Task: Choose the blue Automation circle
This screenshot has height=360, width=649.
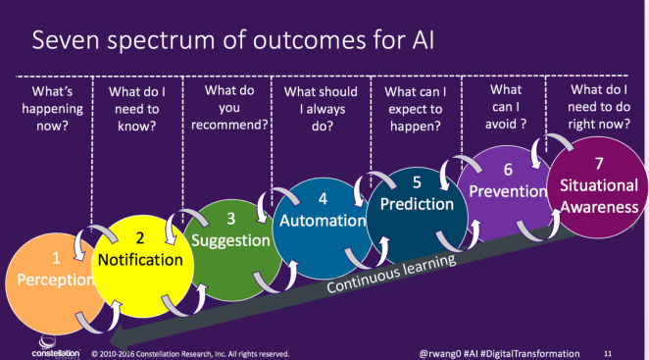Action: [322, 219]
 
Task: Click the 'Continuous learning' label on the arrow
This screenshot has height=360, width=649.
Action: [392, 274]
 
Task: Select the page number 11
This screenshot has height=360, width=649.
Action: [607, 352]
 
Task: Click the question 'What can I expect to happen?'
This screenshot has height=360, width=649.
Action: [412, 108]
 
